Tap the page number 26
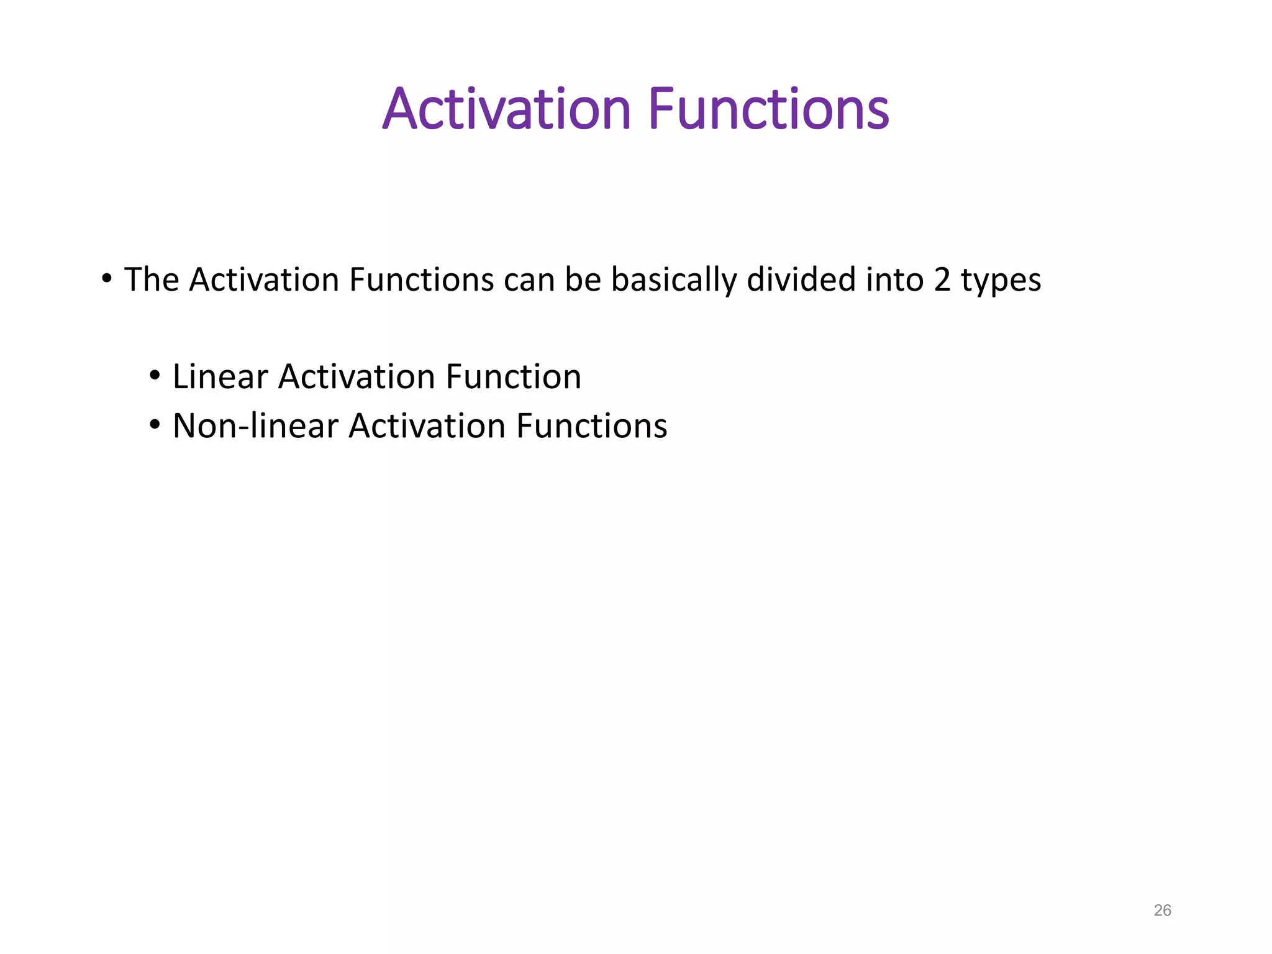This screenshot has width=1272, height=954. [1162, 911]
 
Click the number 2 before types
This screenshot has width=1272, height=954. [942, 280]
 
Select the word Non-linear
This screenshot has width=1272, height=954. [255, 426]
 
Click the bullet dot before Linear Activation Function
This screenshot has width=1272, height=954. [155, 376]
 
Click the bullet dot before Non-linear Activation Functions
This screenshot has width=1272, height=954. [155, 425]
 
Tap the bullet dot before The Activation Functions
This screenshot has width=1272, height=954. [107, 278]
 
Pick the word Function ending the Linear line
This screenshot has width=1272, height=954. [513, 377]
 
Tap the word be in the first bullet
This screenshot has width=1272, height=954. [583, 279]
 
